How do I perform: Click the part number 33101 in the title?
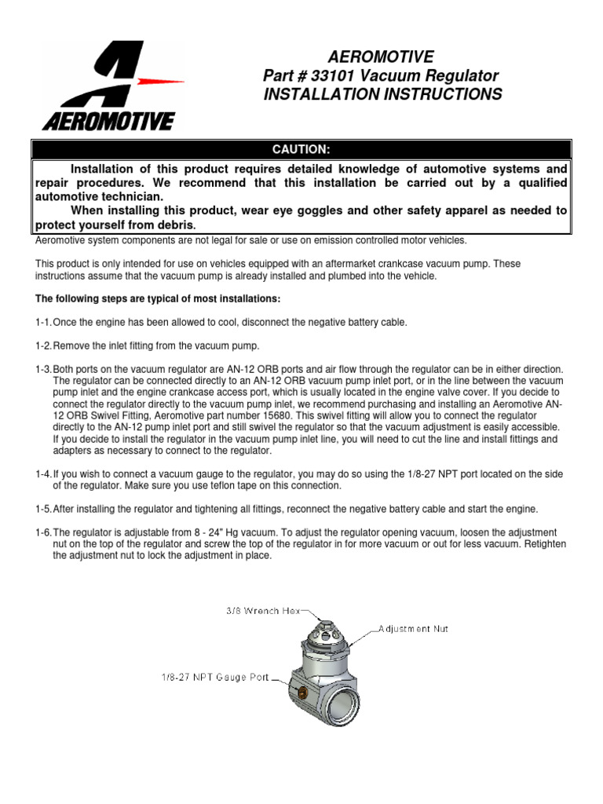pos(335,76)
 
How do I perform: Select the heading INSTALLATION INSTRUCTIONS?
pos(383,95)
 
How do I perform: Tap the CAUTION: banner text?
pos(301,149)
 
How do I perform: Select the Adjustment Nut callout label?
pos(413,629)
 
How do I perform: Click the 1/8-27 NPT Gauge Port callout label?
pos(216,674)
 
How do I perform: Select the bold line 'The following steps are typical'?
pos(157,300)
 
